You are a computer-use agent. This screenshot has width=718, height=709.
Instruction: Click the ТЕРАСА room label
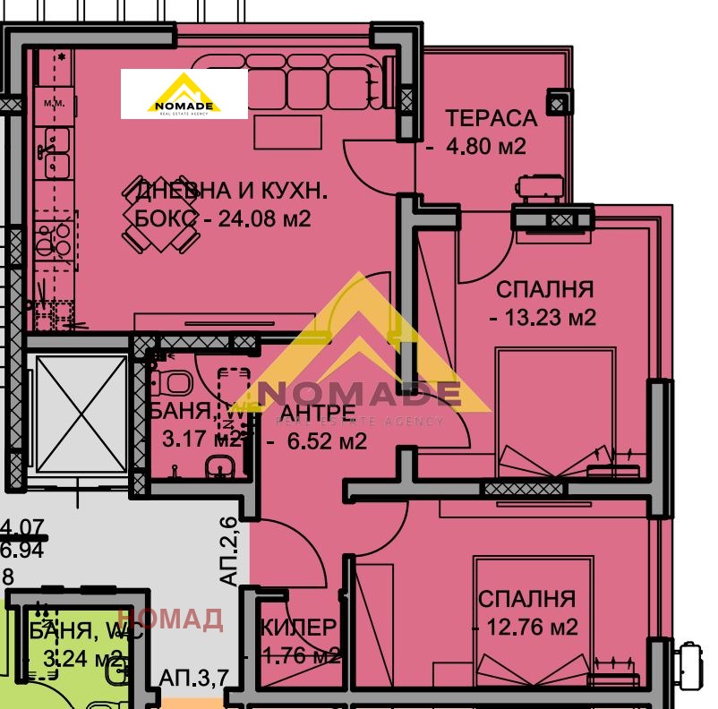(x=491, y=118)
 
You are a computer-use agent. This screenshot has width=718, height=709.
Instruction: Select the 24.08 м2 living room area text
(x=265, y=218)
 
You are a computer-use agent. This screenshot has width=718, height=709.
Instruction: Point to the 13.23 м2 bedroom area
(x=547, y=317)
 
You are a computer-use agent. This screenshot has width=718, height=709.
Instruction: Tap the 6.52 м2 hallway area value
(x=326, y=440)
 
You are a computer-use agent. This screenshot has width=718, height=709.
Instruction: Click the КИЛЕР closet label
(x=299, y=628)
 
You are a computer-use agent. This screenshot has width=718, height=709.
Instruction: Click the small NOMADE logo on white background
(x=184, y=95)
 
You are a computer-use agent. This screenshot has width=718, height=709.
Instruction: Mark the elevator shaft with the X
(x=79, y=412)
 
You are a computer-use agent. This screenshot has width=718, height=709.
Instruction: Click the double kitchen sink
(x=56, y=153)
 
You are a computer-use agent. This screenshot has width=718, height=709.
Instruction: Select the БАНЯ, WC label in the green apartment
(x=76, y=630)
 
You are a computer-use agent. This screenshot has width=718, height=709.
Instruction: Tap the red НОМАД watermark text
(x=169, y=619)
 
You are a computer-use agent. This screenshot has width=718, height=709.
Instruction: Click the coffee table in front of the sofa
(x=286, y=132)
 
